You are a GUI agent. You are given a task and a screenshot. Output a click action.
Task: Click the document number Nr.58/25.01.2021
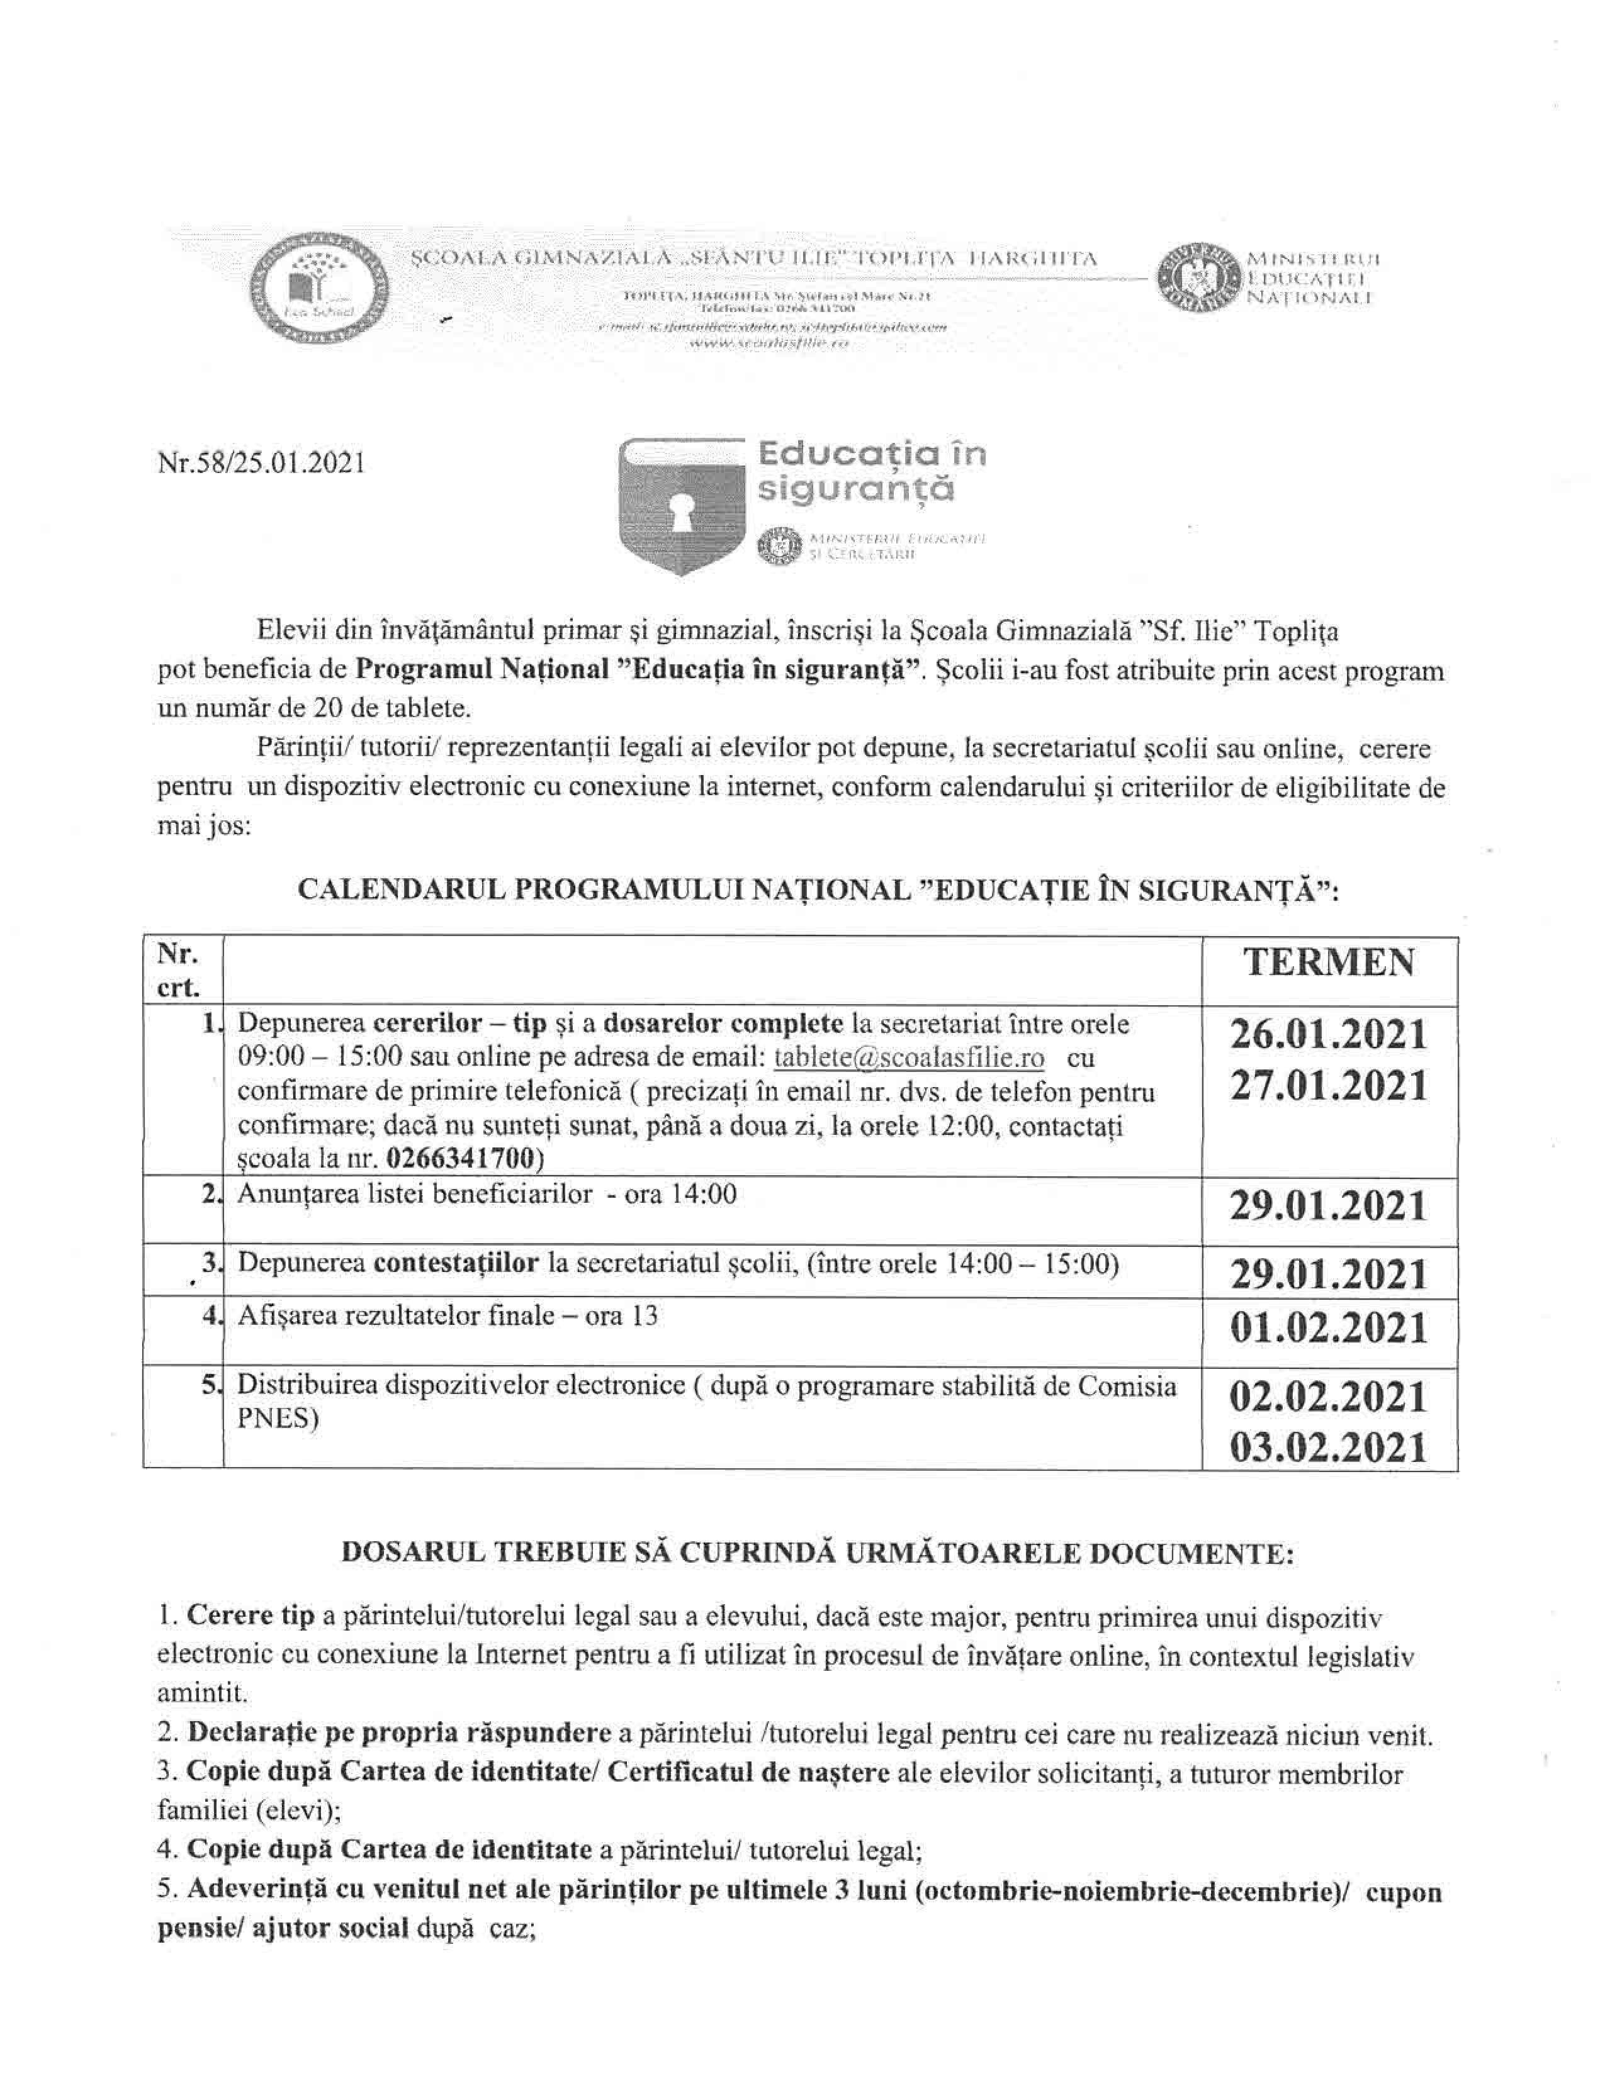pyautogui.click(x=261, y=463)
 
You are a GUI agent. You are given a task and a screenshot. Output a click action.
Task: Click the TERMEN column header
pyautogui.click(x=1329, y=963)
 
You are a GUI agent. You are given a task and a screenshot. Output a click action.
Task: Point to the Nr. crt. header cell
pyautogui.click(x=181, y=971)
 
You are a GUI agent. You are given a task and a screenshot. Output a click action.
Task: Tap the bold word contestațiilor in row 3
pyautogui.click(x=456, y=1264)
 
